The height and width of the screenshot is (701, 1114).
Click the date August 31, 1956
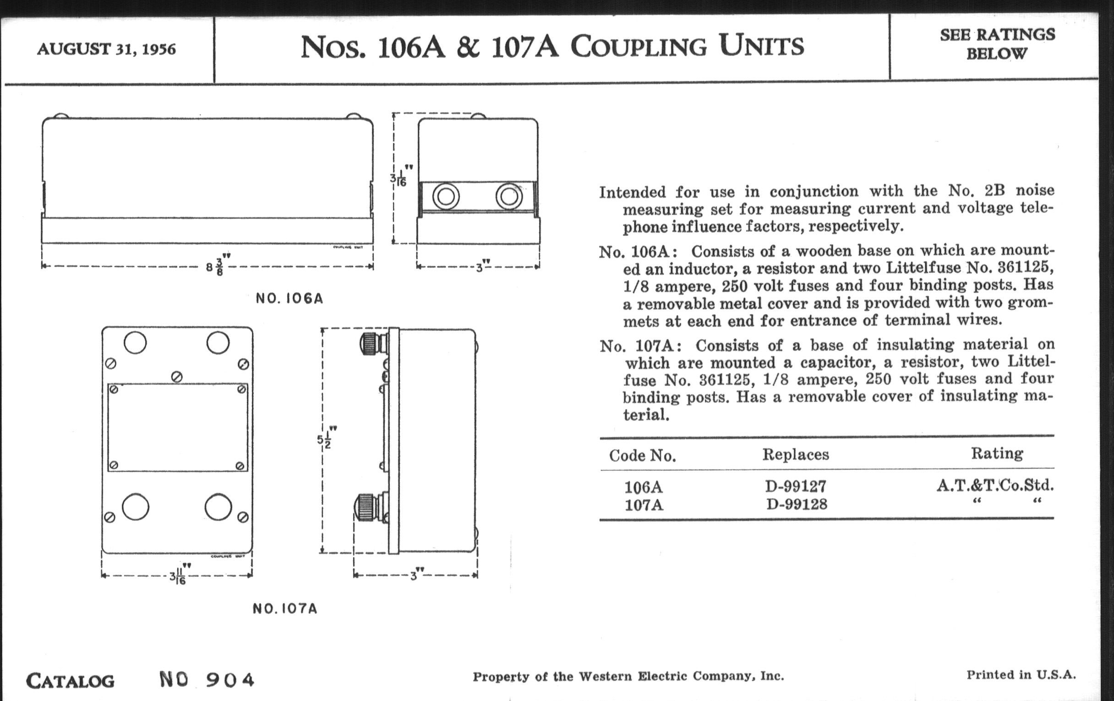(x=106, y=49)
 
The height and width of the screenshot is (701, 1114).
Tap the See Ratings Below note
(x=997, y=44)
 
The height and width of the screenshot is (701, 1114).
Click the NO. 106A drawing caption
(x=289, y=298)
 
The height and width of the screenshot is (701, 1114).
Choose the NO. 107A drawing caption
(x=285, y=608)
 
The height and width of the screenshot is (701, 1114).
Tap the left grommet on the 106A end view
(x=446, y=197)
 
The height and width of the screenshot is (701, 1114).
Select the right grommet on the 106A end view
(x=509, y=197)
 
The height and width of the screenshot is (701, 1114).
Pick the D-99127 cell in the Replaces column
(x=795, y=486)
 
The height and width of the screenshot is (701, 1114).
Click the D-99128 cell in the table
(x=796, y=504)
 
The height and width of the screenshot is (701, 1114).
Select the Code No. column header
(x=642, y=456)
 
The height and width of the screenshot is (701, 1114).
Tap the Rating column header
(x=996, y=454)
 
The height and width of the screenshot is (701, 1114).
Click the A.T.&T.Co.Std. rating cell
(x=995, y=485)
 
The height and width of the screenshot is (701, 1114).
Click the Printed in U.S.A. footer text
(x=1021, y=674)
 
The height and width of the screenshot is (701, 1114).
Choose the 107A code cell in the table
(x=644, y=504)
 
